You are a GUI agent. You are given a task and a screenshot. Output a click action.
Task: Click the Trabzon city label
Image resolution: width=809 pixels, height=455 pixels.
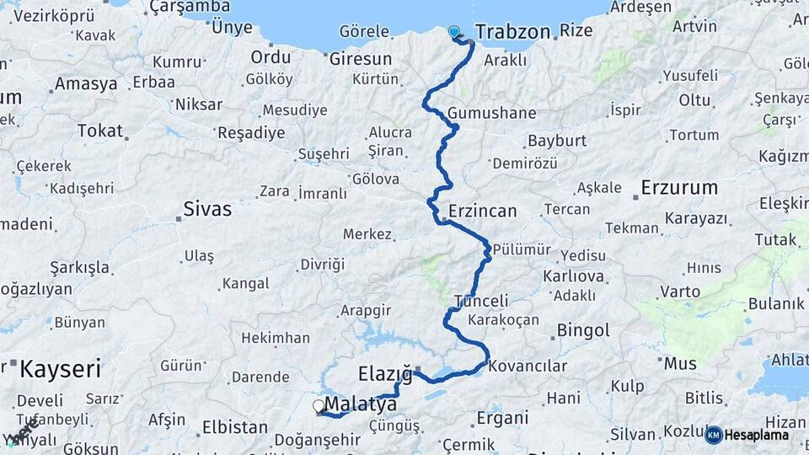tap(512, 32)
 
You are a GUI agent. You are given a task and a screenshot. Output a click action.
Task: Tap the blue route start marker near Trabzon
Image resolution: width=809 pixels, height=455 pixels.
tap(454, 32)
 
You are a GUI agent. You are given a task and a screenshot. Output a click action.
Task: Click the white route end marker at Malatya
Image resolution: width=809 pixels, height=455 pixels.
tap(319, 406)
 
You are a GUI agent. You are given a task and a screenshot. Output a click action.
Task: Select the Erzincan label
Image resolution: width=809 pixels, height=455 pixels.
tap(482, 211)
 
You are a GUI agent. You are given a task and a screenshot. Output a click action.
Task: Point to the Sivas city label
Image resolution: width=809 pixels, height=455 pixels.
tap(207, 209)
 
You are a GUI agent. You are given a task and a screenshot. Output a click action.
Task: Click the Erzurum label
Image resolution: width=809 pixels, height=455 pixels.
tap(679, 187)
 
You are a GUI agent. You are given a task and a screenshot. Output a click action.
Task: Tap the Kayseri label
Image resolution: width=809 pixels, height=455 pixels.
tap(60, 368)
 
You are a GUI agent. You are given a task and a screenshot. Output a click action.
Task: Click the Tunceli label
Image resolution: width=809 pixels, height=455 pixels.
tap(481, 301)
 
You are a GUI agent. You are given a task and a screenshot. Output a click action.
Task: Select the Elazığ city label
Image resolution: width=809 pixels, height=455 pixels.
tap(385, 372)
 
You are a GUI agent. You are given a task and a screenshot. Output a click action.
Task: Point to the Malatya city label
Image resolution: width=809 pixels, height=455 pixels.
tap(360, 404)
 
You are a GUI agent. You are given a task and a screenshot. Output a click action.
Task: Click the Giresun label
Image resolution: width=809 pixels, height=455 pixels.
tap(361, 59)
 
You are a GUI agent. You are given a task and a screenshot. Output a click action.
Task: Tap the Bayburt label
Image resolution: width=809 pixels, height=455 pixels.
tap(557, 140)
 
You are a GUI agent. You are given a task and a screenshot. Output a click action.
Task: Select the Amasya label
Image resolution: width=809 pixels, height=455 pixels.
tap(86, 83)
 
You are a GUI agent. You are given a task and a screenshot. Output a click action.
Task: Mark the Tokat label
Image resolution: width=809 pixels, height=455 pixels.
tap(99, 131)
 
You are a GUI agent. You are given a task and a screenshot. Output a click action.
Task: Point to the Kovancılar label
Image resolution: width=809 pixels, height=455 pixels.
tap(528, 367)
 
